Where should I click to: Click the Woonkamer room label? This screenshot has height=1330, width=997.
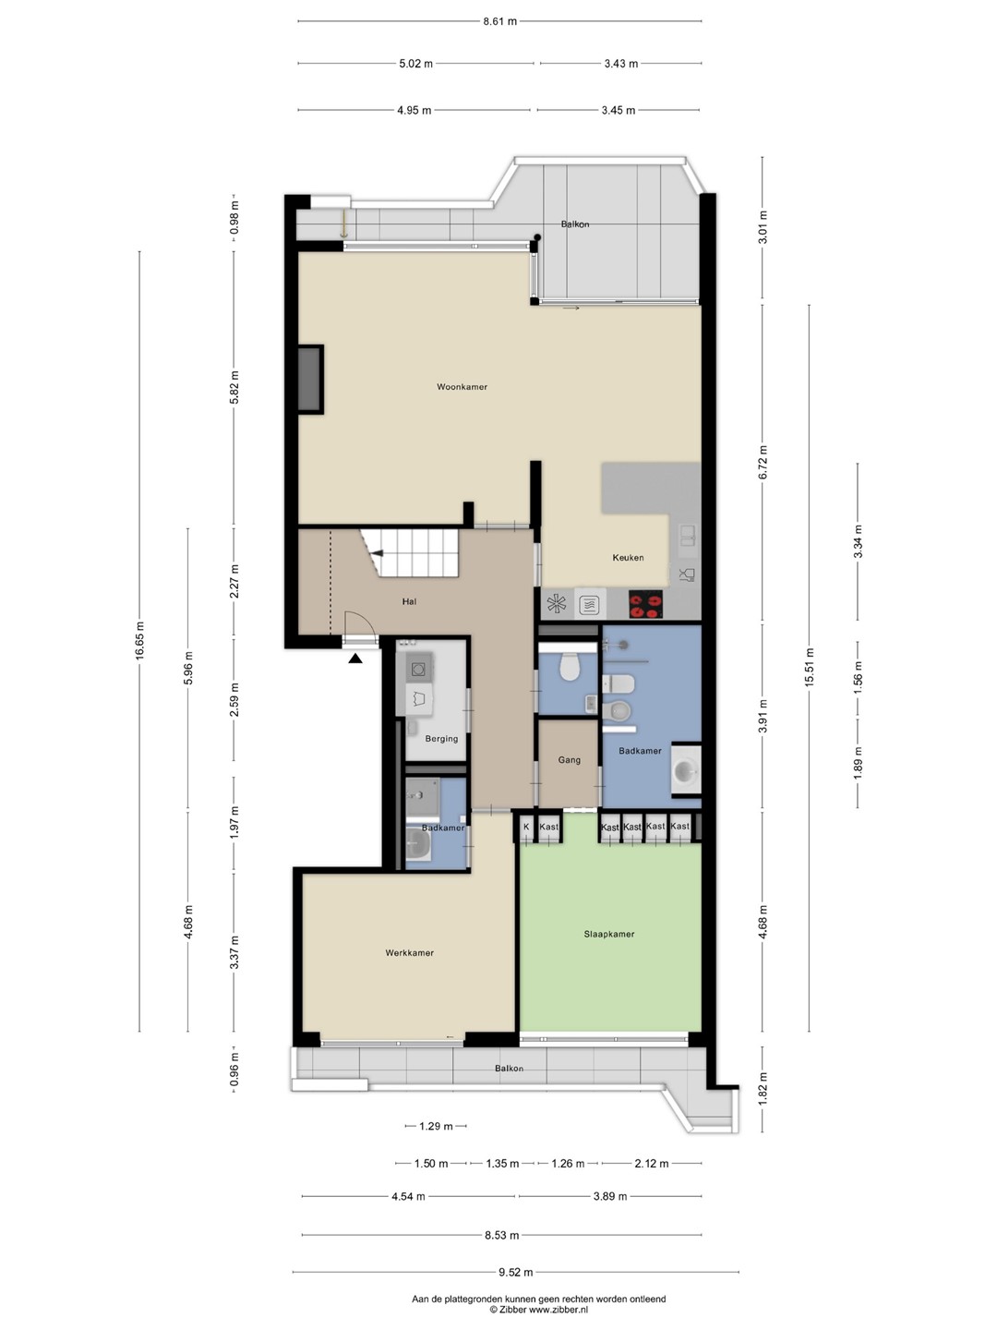point(462,387)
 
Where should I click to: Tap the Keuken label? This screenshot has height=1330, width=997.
point(628,558)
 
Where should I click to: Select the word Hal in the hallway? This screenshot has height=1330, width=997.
point(409,601)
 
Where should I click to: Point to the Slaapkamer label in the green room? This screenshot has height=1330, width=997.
point(609,934)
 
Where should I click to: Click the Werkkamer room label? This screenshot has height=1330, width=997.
point(409,952)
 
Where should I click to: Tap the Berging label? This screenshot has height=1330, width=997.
point(441,739)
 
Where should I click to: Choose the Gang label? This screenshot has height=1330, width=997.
point(569,760)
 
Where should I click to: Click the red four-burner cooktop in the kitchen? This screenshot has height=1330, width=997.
point(646,605)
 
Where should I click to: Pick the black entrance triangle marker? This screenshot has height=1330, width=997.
point(355,658)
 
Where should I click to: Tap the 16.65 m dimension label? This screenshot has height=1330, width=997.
point(139,640)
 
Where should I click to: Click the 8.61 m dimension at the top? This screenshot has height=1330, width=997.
point(500,22)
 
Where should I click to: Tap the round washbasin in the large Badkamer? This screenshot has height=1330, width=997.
point(687,770)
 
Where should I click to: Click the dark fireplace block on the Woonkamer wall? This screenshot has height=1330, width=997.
point(310,380)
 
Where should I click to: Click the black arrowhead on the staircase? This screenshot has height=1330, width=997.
point(378,553)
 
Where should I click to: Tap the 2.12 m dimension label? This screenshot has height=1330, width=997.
point(652,1164)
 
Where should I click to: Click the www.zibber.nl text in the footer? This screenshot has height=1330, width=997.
point(559,1309)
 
